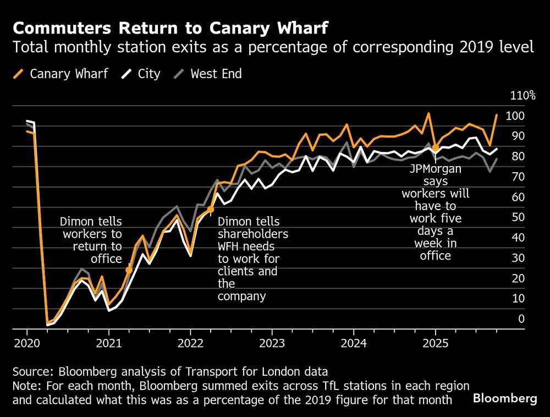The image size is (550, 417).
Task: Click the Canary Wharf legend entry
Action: point(61,74)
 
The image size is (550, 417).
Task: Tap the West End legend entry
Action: point(208,74)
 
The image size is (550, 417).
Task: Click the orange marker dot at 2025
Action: point(436,147)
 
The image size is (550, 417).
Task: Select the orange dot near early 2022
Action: point(211,210)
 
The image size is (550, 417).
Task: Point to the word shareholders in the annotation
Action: point(254,234)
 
